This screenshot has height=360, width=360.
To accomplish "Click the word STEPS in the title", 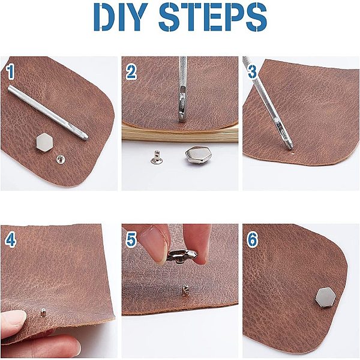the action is tap(213, 17).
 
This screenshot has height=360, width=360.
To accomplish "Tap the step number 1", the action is tap(10, 73).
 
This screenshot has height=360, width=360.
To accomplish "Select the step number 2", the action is tap(131, 72).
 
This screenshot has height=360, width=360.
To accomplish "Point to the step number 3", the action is tap(253, 71).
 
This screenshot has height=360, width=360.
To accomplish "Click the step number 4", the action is tap(11, 240).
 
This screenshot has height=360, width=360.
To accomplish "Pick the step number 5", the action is tap(131, 240).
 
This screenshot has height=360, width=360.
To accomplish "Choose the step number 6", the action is tap(252, 240).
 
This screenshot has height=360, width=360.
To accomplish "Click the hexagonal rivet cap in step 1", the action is tap(45, 143).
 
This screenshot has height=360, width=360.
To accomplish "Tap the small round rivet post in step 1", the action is tap(61, 158).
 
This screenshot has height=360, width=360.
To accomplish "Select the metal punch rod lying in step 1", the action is tap(48, 112).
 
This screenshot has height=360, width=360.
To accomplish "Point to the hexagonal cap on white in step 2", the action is tap(196, 155).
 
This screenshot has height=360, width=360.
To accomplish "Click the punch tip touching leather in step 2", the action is tap(182, 119).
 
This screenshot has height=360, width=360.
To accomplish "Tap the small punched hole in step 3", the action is tap(293, 152).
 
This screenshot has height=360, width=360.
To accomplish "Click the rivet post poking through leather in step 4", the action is tap(43, 313).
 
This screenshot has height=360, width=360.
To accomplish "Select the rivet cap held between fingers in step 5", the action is tap(182, 256).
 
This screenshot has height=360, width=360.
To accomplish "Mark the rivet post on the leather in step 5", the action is tap(185, 290).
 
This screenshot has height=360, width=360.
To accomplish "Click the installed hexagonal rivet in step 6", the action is tap(326, 298).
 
